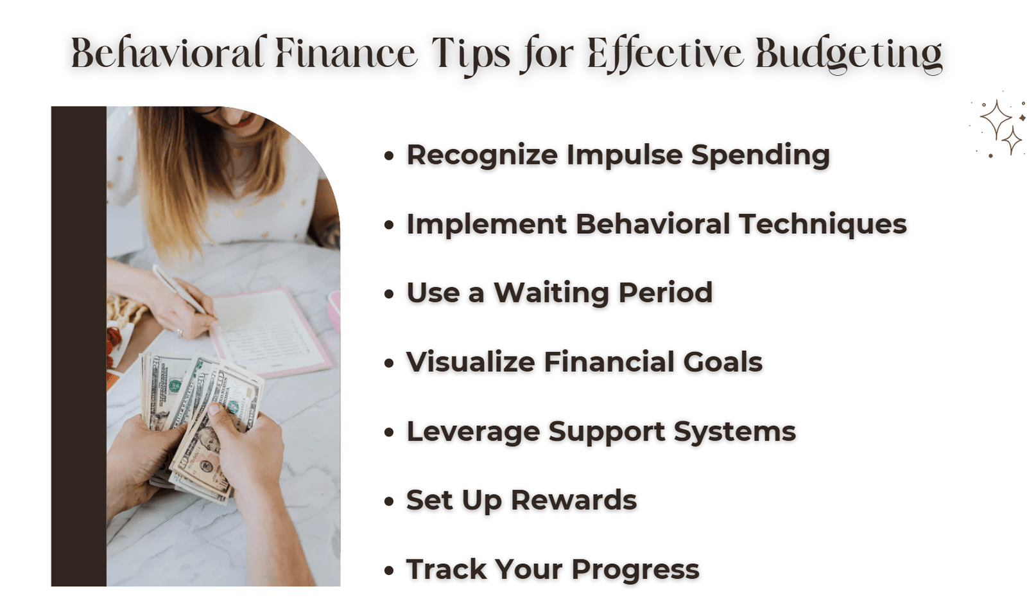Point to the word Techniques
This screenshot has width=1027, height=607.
click(823, 225)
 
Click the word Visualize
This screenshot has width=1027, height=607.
click(470, 362)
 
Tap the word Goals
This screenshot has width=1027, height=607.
click(723, 362)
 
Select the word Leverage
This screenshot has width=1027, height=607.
click(473, 432)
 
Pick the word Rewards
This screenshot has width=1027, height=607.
click(574, 500)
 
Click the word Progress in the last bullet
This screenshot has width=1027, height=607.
click(635, 570)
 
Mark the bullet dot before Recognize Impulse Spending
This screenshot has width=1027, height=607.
click(389, 156)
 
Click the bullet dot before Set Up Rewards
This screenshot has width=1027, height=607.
click(389, 501)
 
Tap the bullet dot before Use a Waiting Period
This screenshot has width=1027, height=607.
click(389, 294)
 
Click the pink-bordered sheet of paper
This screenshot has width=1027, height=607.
click(270, 333)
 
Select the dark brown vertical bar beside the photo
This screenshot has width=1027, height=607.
click(79, 346)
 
